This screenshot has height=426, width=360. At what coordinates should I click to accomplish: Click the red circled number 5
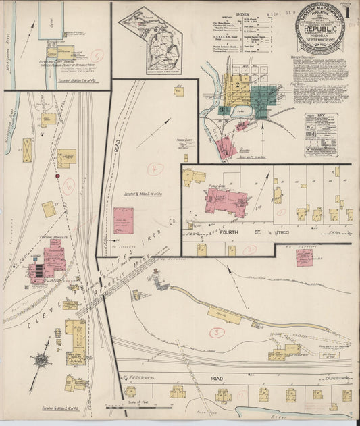(98, 56)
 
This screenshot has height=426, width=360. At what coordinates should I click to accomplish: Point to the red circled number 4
(156, 169)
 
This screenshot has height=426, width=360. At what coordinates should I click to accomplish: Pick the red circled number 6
(68, 186)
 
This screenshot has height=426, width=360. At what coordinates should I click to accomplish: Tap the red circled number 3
(217, 331)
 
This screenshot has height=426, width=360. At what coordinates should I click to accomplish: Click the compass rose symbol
(41, 360)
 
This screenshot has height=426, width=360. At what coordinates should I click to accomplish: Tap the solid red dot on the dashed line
(58, 176)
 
